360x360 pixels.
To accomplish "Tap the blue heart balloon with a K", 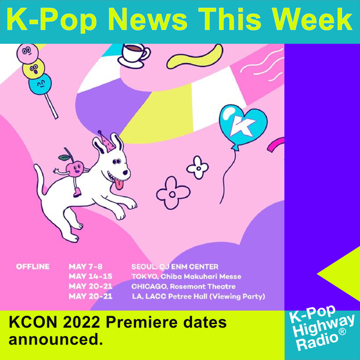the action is coord(242,126).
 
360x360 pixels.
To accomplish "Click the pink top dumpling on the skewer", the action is coord(28,53).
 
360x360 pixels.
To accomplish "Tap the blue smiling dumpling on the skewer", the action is coord(40,84).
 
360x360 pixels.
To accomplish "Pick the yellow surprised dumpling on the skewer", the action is coord(34,68).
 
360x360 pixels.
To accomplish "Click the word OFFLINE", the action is coord(33,266).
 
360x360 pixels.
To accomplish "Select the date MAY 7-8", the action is coord(85,266).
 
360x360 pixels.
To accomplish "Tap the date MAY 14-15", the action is coord(91,276).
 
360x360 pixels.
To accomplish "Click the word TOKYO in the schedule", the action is coord(145,277).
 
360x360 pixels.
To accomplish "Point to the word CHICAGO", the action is coord(149,287).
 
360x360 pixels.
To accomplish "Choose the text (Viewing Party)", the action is coord(237,296).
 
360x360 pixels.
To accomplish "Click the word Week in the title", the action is coord(313,19).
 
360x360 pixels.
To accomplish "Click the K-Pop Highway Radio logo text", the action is coord(322,328).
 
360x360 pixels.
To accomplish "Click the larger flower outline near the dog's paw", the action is coord(173,193).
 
